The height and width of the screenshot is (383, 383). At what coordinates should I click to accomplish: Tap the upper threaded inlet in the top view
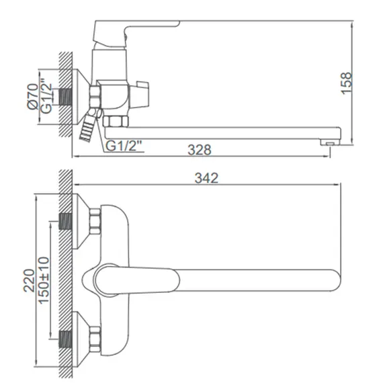(66, 220)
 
